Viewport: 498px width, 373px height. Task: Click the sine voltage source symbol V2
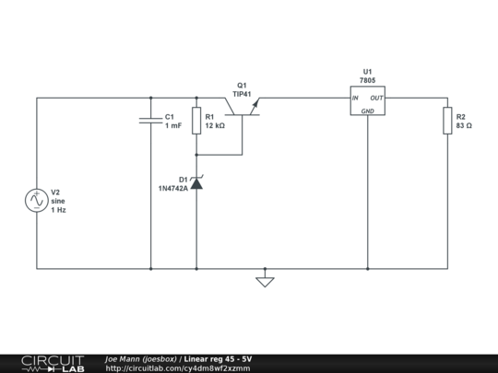tap(36, 199)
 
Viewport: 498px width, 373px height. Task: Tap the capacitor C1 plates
tap(149, 121)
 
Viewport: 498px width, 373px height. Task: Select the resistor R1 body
tap(196, 121)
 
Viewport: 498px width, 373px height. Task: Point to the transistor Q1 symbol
tap(246, 108)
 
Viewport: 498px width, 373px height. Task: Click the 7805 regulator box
tap(367, 102)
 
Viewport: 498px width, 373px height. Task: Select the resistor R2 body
tap(447, 121)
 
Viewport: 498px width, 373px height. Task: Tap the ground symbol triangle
tap(265, 280)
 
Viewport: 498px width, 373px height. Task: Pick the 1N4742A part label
tap(172, 188)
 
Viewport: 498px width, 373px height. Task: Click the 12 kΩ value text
tap(215, 125)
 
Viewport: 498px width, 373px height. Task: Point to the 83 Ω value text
tap(464, 125)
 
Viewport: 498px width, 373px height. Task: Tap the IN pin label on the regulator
tap(355, 98)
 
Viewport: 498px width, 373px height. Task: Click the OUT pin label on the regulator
tap(377, 98)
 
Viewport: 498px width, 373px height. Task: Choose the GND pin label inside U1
tap(367, 111)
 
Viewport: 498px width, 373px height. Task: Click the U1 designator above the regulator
tap(367, 71)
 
